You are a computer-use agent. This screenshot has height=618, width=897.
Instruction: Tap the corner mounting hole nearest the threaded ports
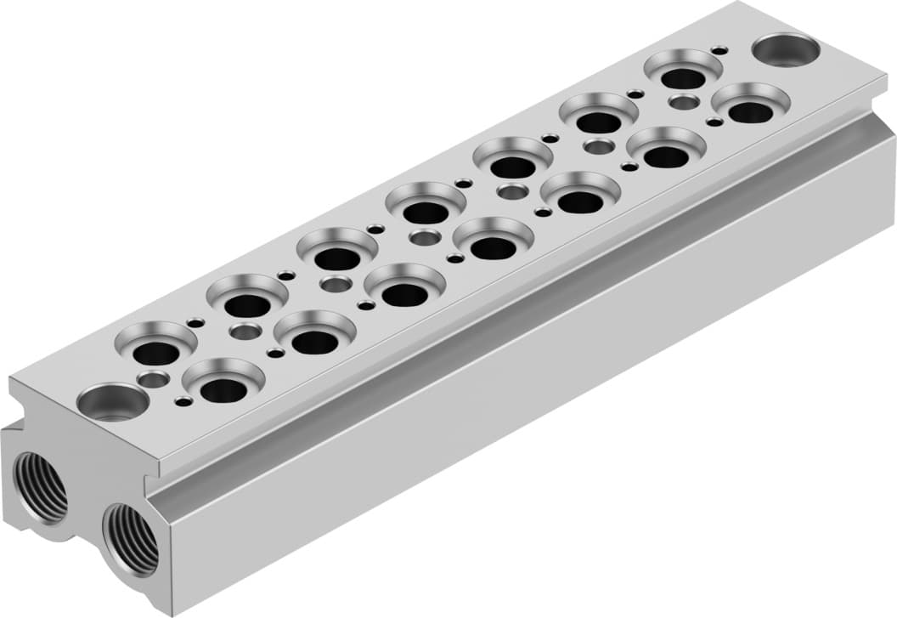112,401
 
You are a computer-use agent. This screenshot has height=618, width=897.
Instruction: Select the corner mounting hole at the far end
785,50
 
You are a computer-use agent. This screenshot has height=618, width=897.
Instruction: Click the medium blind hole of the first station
154,380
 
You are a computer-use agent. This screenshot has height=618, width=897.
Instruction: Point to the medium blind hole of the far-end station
683,102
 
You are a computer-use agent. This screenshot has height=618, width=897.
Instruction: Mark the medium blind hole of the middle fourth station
424,238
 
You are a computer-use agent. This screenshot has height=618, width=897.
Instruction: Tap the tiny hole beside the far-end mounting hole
719,51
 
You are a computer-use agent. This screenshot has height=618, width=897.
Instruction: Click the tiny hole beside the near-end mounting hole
183,401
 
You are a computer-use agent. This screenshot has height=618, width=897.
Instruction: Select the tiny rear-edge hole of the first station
195,322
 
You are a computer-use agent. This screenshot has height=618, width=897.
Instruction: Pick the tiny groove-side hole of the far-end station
714,122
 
